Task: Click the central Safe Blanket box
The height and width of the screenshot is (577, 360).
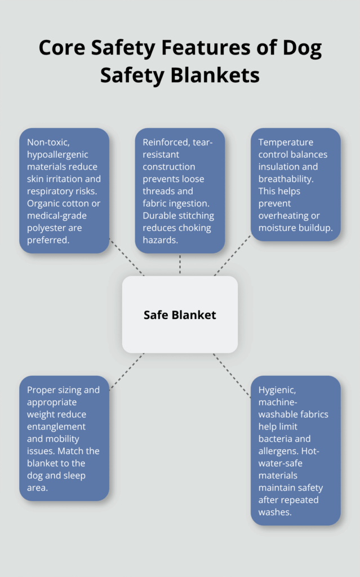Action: click(x=180, y=314)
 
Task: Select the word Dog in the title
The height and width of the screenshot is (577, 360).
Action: click(x=300, y=49)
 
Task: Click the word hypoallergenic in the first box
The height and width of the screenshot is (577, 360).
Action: click(x=57, y=154)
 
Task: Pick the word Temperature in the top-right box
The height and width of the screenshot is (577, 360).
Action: click(x=286, y=142)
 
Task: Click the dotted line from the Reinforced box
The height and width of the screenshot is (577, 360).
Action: click(x=180, y=264)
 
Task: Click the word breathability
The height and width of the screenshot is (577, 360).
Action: click(x=288, y=179)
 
